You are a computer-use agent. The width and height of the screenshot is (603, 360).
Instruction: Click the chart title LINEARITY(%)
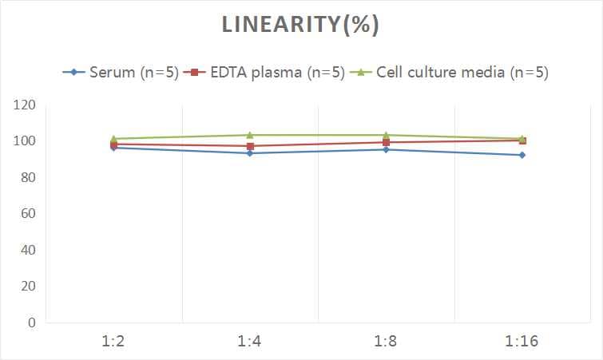coord(300,25)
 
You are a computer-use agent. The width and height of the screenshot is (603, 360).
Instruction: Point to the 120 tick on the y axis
coord(24,105)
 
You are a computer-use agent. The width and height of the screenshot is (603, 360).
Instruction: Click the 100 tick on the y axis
coord(24,141)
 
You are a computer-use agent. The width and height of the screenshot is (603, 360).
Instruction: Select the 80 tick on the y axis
coord(27,177)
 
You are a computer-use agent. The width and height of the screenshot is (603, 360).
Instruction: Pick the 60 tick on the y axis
coord(27,214)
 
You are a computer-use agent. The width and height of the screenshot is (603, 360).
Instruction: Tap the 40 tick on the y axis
coord(27,250)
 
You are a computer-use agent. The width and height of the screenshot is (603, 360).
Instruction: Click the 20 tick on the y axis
coord(27,286)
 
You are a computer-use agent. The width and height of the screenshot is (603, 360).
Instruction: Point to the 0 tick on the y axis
coord(31,322)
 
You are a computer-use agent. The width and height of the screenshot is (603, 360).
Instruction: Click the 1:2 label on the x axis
coord(114,342)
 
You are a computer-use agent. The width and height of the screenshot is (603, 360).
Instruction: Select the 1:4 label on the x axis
coord(250,342)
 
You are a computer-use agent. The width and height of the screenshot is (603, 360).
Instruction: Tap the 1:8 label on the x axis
coord(387,342)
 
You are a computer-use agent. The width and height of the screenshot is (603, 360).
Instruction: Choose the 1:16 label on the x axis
coord(522,342)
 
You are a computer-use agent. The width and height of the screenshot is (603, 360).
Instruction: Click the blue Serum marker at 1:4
coord(250,153)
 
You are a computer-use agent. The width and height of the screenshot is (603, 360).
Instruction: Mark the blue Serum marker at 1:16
coord(522,155)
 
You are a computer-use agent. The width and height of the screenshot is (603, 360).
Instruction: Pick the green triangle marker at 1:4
coord(250,135)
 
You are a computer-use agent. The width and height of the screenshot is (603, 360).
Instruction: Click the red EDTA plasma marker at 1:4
coord(250,146)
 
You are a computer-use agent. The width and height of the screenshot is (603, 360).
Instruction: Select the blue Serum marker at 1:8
coord(387,149)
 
